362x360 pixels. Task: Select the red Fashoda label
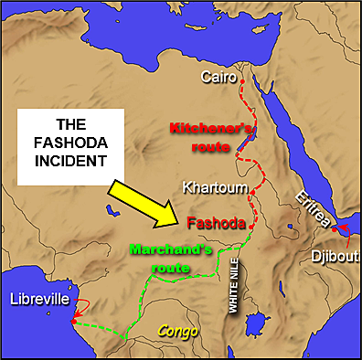pyautogui.click(x=216, y=222)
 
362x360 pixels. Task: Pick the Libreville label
pyautogui.click(x=37, y=299)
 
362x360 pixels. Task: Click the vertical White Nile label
pyautogui.click(x=233, y=293)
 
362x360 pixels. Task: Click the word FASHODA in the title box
pyautogui.click(x=73, y=144)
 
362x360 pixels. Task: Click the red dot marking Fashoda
pyautogui.click(x=250, y=228)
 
